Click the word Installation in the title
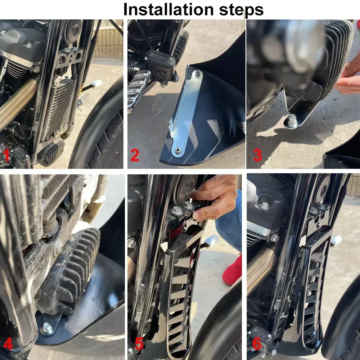(x=168, y=9)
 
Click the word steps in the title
(x=241, y=10)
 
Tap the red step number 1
(x=7, y=155)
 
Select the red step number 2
(x=135, y=155)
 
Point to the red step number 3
(x=258, y=155)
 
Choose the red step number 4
(x=8, y=344)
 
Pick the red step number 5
(x=139, y=344)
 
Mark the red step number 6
(x=257, y=344)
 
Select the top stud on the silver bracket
(x=197, y=73)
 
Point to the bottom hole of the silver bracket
(x=177, y=150)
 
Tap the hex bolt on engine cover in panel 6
(x=265, y=205)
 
